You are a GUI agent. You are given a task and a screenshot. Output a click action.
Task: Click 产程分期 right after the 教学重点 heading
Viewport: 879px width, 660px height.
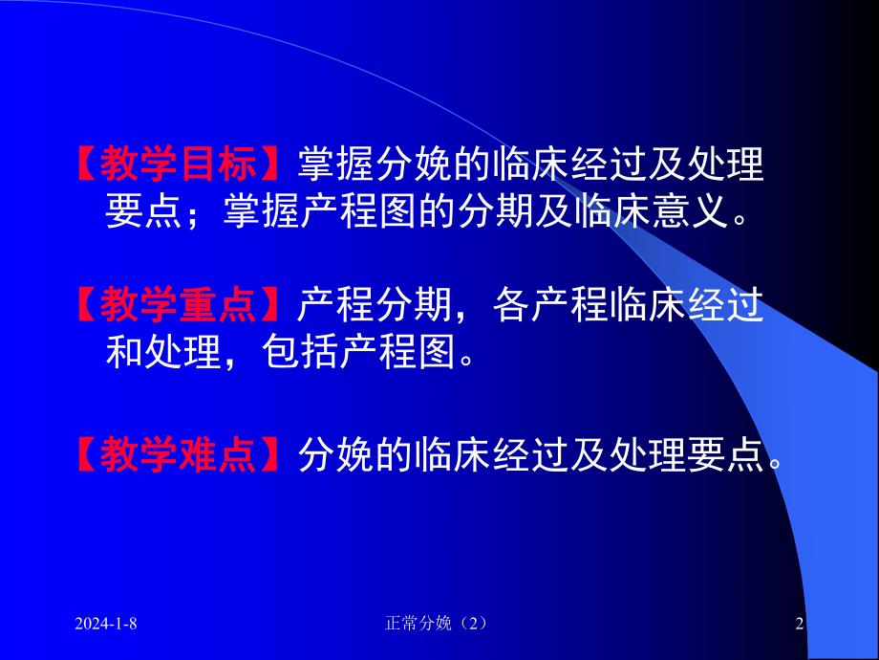[x=371, y=305]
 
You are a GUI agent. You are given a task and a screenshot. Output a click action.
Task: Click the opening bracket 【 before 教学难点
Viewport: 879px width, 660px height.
[x=86, y=454]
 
